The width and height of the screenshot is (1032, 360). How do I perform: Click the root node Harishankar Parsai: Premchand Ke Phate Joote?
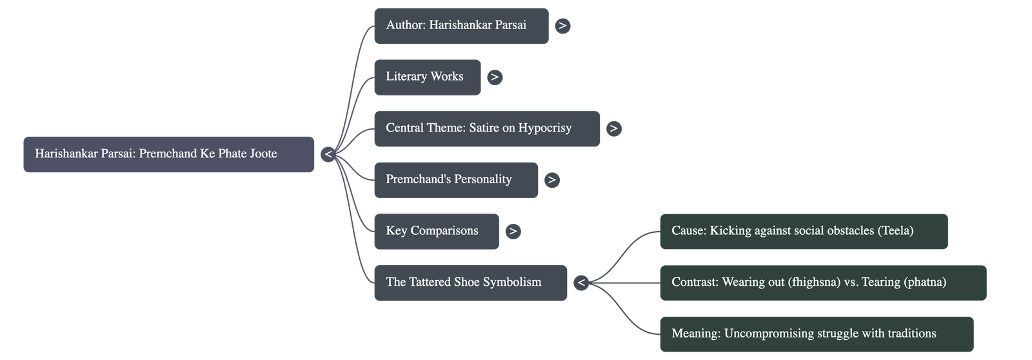click(x=168, y=154)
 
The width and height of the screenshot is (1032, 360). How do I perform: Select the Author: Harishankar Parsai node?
click(x=461, y=26)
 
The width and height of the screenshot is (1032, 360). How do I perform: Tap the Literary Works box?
click(x=427, y=77)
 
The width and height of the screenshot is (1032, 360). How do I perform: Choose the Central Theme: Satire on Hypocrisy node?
click(x=486, y=128)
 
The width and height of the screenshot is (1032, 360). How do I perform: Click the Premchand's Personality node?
click(x=455, y=180)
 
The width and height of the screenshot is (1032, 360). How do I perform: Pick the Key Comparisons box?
click(x=436, y=231)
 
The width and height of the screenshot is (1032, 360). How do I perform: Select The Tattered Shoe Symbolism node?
click(x=470, y=283)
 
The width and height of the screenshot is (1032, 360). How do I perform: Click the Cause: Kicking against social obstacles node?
click(x=803, y=231)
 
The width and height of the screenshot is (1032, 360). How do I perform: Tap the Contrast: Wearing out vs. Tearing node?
click(x=822, y=283)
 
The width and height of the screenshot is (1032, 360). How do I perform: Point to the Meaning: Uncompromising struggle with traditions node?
click(x=816, y=334)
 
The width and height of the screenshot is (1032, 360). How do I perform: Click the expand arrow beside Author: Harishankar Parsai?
click(x=562, y=26)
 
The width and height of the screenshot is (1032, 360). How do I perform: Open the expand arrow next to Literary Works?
click(x=494, y=77)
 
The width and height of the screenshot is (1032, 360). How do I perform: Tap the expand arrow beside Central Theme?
click(x=613, y=128)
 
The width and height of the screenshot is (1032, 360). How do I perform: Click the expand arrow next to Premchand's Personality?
click(x=551, y=180)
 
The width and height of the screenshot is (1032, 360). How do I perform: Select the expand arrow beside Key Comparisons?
click(x=513, y=231)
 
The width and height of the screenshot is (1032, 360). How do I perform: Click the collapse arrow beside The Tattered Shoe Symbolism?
click(x=581, y=283)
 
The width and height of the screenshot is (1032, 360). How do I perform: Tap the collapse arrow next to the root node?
click(x=328, y=154)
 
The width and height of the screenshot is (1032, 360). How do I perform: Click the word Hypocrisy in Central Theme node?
click(x=545, y=128)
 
